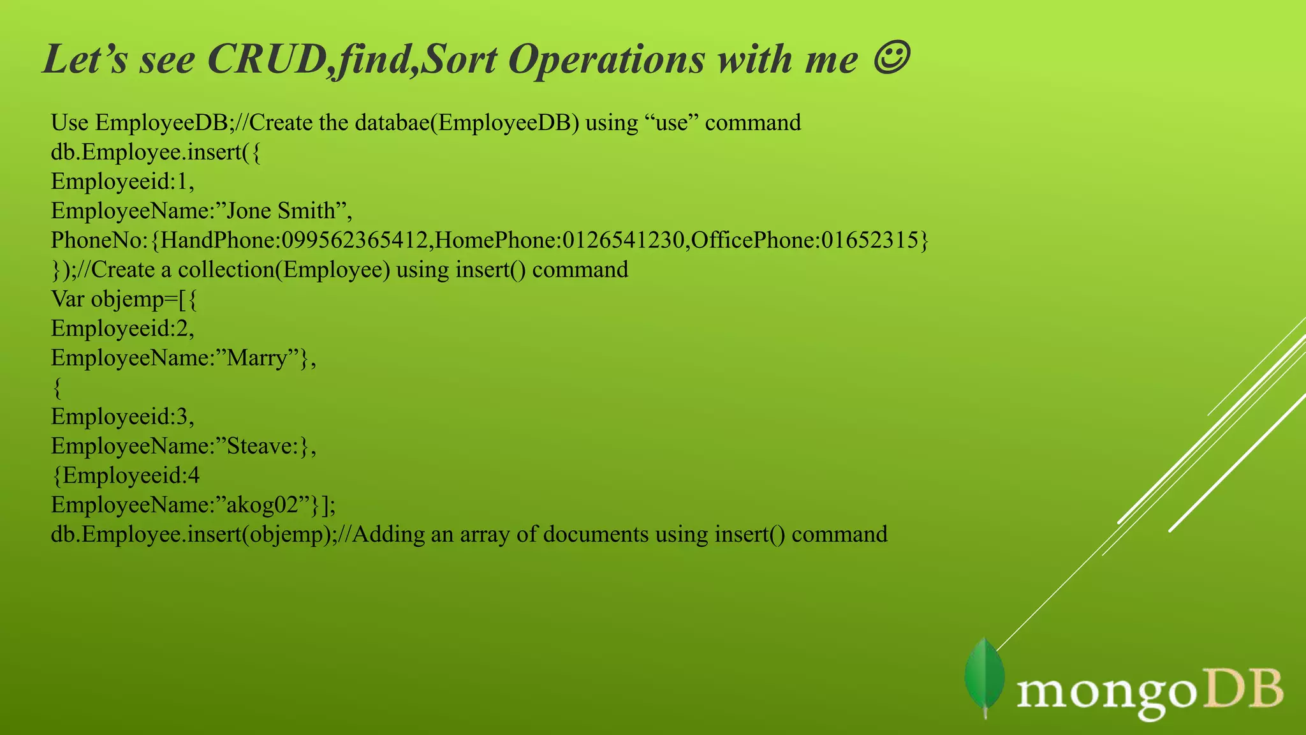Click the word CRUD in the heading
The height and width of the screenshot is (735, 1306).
pos(267,59)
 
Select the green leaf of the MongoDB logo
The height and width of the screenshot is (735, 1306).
pos(985,678)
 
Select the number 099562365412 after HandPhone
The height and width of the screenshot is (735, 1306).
pos(354,241)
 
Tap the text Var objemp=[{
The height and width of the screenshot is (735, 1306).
pos(124,299)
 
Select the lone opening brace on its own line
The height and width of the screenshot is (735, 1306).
pos(57,387)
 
